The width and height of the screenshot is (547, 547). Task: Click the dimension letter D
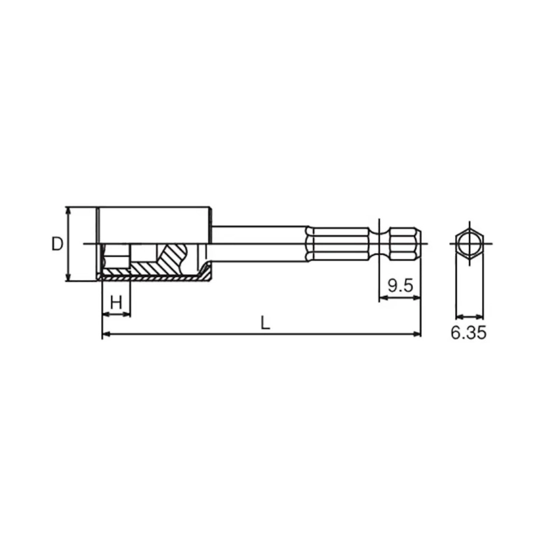(x=57, y=244)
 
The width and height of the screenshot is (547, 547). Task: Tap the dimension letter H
(x=116, y=302)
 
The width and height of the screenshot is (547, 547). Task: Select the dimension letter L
(x=265, y=323)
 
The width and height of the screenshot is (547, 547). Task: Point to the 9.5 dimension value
(x=400, y=286)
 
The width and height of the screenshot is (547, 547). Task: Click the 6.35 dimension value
(x=468, y=333)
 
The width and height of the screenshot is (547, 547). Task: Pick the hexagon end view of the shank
(x=470, y=244)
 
